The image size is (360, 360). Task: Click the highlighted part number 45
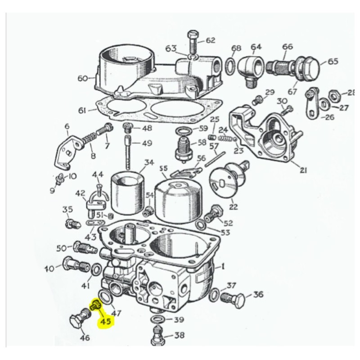pyautogui.click(x=106, y=322)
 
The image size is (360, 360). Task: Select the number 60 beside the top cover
pyautogui.click(x=82, y=78)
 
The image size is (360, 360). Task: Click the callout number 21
pyautogui.click(x=303, y=170)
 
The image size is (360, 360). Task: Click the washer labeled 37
pyautogui.click(x=216, y=295)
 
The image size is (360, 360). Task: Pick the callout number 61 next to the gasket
pyautogui.click(x=82, y=110)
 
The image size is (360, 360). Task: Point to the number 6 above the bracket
pyautogui.click(x=67, y=126)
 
